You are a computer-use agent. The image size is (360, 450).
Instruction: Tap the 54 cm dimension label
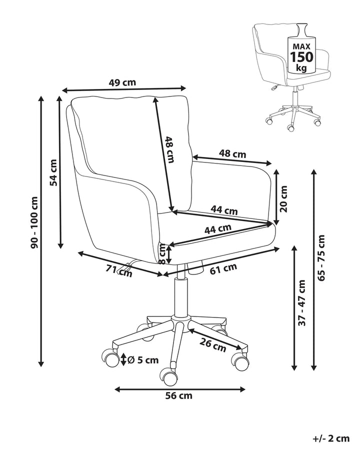pyautogui.click(x=53, y=171)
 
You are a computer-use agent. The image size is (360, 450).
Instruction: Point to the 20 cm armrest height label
pyautogui.click(x=284, y=198)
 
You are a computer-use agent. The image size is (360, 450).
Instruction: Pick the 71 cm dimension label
pyautogui.click(x=120, y=270)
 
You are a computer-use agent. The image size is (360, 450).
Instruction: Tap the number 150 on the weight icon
pyautogui.click(x=301, y=56)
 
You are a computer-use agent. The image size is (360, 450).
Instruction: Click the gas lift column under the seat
pyautogui.click(x=179, y=295)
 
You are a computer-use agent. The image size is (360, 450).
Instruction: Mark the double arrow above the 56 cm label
pyautogui.click(x=180, y=388)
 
